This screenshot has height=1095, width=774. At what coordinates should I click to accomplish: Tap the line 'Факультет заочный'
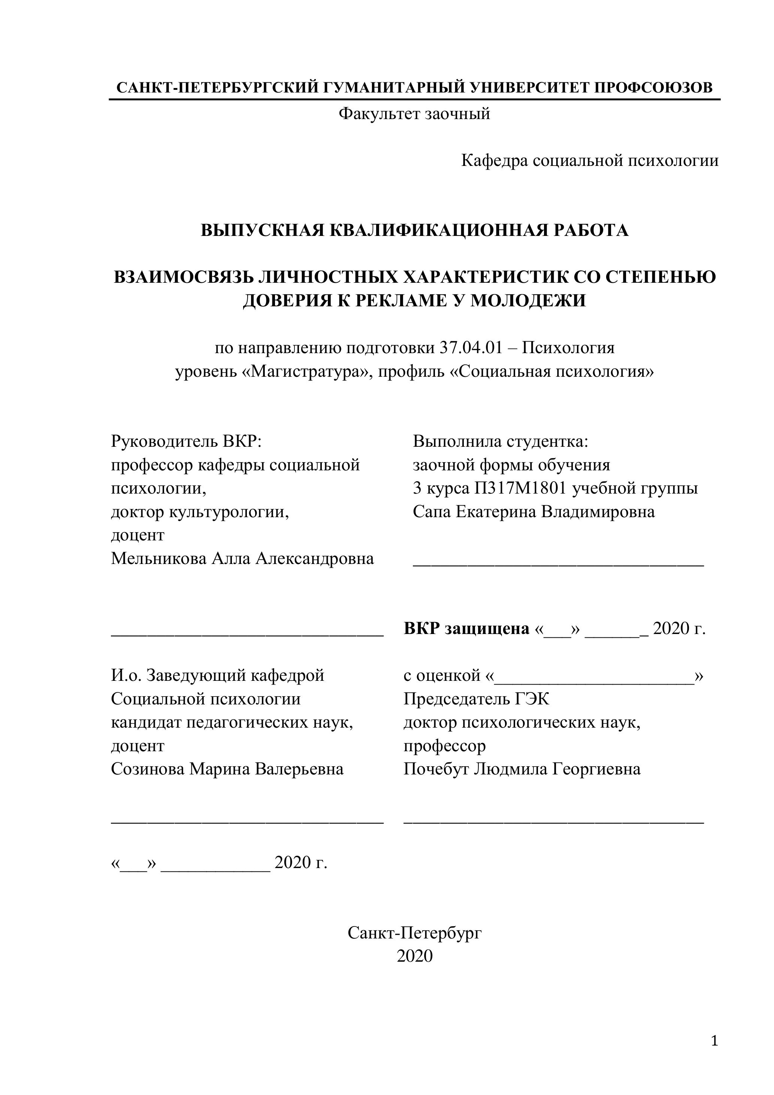(414, 114)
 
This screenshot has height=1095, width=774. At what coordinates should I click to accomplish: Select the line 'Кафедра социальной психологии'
(589, 161)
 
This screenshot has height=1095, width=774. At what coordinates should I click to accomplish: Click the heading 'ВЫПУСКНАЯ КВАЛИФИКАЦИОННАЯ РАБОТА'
(414, 230)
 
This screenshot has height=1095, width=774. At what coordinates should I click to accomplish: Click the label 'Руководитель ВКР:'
(186, 441)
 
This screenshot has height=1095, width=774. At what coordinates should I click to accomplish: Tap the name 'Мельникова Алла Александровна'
(242, 558)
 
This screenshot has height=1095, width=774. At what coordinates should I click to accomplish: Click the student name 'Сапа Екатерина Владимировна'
(533, 512)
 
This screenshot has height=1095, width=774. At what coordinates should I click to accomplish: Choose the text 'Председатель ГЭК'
(476, 699)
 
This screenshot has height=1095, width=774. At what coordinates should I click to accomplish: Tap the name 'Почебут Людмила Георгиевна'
(521, 769)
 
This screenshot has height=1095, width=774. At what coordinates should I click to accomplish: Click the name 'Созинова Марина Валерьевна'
(227, 769)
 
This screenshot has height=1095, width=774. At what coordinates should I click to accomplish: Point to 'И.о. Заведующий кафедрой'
(218, 675)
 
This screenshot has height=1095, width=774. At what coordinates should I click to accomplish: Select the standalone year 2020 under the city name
(414, 956)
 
